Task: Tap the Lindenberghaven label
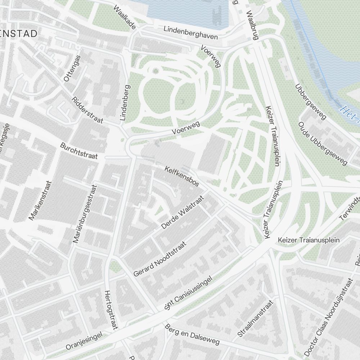(191, 33)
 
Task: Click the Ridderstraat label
(87, 110)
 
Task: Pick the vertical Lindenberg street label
(125, 103)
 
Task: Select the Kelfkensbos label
(182, 176)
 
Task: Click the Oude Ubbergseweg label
(323, 144)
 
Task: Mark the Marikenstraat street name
(40, 200)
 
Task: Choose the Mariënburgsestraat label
(85, 214)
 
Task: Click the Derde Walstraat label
(183, 212)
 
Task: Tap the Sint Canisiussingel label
(189, 293)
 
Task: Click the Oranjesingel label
(84, 341)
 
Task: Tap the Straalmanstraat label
(256, 319)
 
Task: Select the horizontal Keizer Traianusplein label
(309, 240)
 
